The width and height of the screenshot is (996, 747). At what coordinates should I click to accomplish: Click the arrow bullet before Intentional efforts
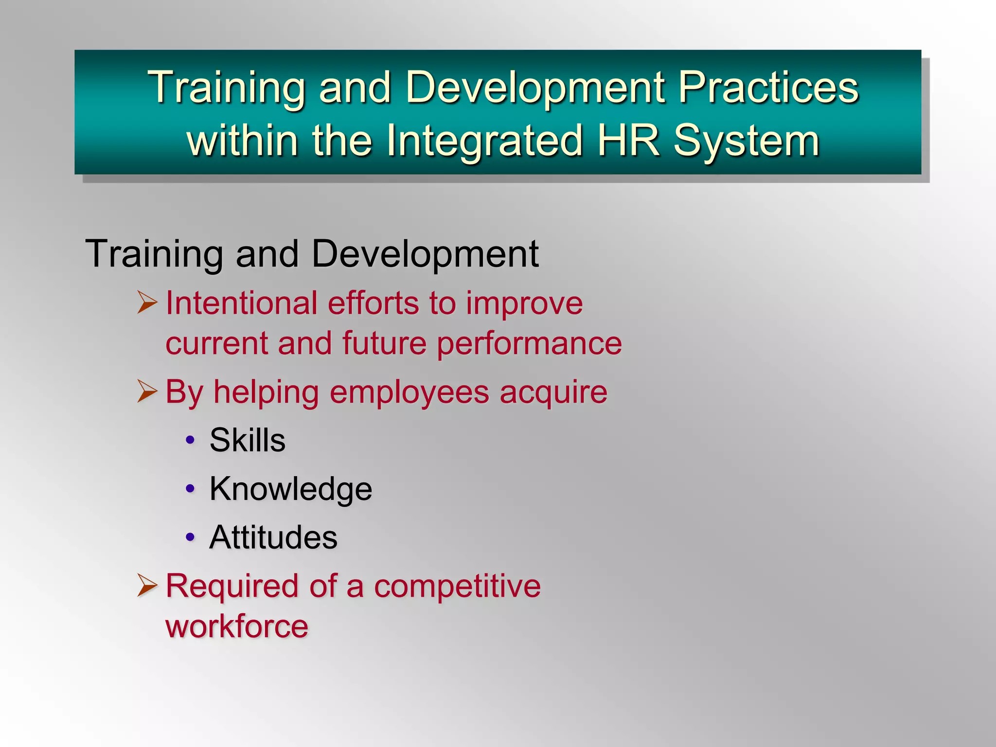pyautogui.click(x=147, y=302)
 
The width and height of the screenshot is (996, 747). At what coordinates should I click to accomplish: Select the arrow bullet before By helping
pyautogui.click(x=147, y=391)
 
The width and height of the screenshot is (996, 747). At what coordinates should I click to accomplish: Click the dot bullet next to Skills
pyautogui.click(x=190, y=440)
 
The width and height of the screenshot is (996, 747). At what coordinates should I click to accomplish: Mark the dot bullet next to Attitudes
pyautogui.click(x=190, y=537)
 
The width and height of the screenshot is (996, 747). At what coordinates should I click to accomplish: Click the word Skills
pyautogui.click(x=247, y=440)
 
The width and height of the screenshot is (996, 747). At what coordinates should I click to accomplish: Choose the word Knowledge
pyautogui.click(x=290, y=489)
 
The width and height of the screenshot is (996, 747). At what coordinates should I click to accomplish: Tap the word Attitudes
pyautogui.click(x=273, y=537)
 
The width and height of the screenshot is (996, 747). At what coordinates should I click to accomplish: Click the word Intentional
pyautogui.click(x=241, y=303)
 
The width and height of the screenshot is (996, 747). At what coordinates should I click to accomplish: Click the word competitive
pyautogui.click(x=457, y=586)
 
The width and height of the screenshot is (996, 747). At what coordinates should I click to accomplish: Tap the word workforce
pyautogui.click(x=237, y=626)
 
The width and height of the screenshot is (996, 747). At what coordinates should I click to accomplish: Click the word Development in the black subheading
pyautogui.click(x=425, y=254)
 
